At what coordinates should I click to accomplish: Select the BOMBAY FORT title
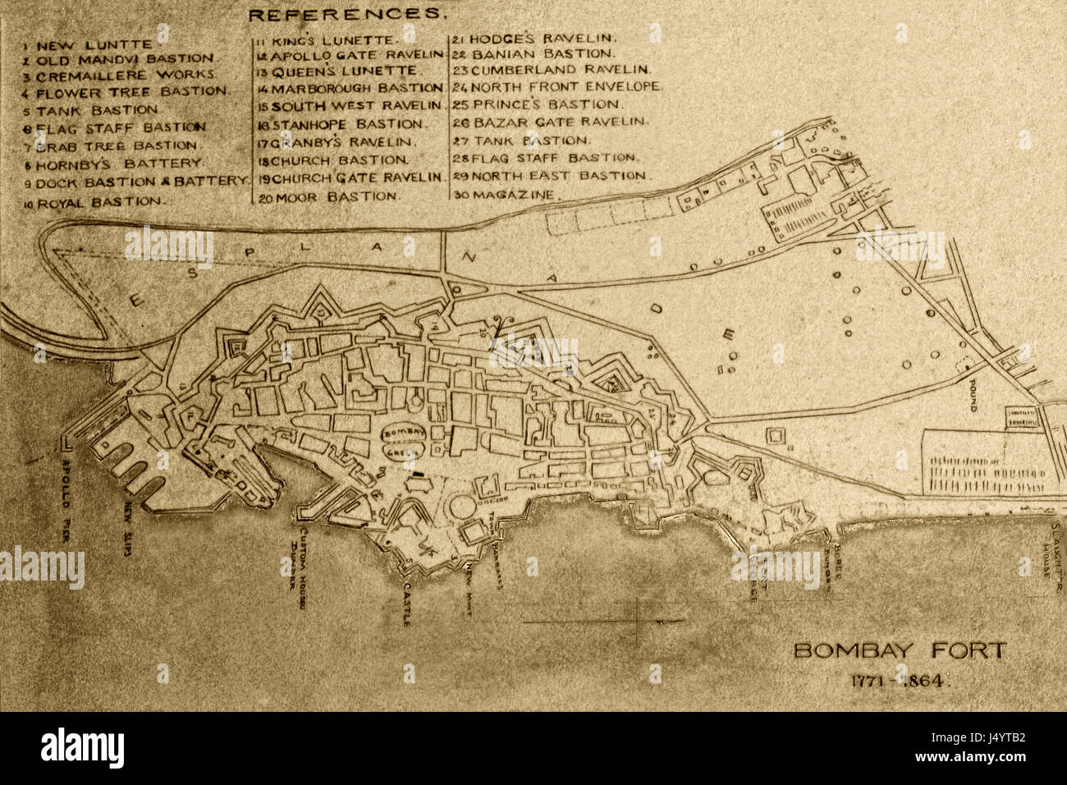[899, 651]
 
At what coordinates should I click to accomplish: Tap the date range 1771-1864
[899, 680]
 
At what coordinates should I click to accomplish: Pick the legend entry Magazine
[503, 195]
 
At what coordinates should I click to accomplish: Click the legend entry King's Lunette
[327, 39]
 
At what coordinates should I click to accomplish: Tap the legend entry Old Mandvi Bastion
[118, 59]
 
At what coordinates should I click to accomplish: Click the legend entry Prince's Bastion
[537, 104]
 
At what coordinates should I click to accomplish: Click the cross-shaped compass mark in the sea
[639, 621]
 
